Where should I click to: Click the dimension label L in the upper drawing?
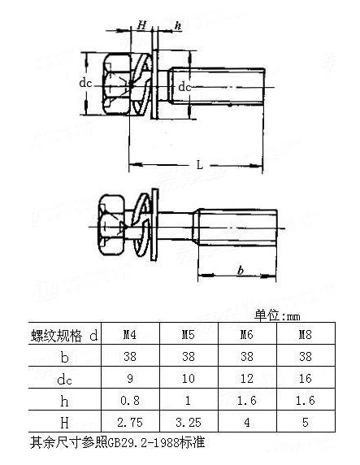click(200, 165)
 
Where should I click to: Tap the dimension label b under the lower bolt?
click(241, 271)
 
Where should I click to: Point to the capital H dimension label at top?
click(141, 25)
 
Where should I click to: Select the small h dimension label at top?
click(177, 25)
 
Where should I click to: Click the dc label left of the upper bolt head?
click(85, 84)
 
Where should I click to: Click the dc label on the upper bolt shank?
click(184, 87)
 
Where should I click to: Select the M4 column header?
click(130, 334)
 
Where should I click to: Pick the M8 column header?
click(305, 334)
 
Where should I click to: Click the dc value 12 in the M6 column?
click(247, 378)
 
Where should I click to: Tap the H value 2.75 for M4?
click(130, 422)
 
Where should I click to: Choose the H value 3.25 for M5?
click(189, 422)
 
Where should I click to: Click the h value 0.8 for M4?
click(130, 400)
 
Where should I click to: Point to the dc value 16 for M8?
click(305, 378)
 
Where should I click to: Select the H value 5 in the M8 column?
click(306, 422)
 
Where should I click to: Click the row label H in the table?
click(64, 422)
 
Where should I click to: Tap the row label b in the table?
click(64, 357)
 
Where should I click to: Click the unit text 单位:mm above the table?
click(277, 315)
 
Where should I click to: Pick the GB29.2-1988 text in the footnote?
click(143, 443)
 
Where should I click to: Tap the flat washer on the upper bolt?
click(154, 85)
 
